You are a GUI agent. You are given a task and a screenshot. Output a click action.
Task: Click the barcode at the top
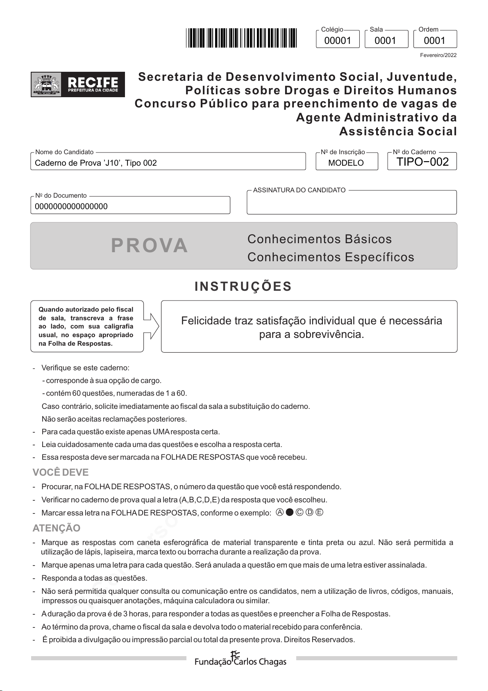tap(241, 38)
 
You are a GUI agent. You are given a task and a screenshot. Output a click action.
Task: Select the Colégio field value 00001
tap(338, 41)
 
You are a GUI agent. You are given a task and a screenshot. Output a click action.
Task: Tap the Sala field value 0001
tap(386, 41)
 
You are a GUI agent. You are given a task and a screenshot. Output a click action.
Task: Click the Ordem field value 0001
tap(434, 41)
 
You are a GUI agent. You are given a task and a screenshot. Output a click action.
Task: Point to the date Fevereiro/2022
tap(438, 55)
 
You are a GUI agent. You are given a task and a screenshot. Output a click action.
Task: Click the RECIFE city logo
tap(78, 84)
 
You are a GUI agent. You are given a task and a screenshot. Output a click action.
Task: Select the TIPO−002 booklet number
tap(422, 162)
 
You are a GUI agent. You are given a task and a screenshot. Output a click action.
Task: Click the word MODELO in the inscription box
tap(346, 163)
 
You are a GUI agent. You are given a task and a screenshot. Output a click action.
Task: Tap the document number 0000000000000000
tap(71, 207)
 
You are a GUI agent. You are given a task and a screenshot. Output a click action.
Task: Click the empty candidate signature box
tap(352, 204)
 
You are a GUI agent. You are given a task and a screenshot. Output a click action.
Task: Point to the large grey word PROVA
tap(150, 246)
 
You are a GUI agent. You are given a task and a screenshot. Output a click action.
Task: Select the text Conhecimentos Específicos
tap(331, 257)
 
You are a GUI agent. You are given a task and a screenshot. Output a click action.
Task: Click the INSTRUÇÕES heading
tap(243, 286)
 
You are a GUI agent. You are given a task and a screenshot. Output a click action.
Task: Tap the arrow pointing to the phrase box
tap(151, 326)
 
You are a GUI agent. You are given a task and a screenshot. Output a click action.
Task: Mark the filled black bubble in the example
tap(290, 512)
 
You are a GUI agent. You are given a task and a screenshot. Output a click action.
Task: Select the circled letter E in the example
tap(320, 512)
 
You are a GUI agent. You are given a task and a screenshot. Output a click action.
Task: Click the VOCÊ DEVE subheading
tap(61, 472)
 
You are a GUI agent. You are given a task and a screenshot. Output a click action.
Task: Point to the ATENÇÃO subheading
tap(57, 528)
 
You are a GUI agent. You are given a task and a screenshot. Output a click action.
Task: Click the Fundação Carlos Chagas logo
tap(240, 659)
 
